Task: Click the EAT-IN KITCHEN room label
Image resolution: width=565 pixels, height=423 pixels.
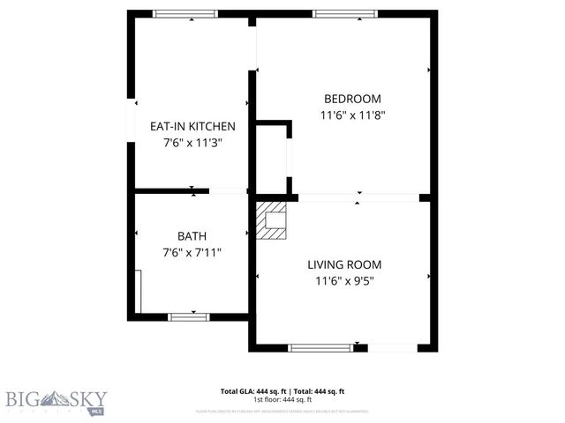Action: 192,127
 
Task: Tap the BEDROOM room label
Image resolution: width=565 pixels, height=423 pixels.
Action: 352,99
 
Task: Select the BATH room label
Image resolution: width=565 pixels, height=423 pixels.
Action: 192,236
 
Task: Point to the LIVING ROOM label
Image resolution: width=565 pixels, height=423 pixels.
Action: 344,264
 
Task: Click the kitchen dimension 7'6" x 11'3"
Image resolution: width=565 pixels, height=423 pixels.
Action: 192,142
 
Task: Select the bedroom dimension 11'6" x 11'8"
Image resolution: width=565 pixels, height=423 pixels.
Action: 352,115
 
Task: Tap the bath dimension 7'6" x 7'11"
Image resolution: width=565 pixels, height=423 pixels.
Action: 192,252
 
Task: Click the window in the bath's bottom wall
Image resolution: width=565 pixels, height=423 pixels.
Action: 188,316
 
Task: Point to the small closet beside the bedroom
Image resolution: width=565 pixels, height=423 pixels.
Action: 272,159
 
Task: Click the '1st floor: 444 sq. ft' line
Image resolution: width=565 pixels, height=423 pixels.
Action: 282,399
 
